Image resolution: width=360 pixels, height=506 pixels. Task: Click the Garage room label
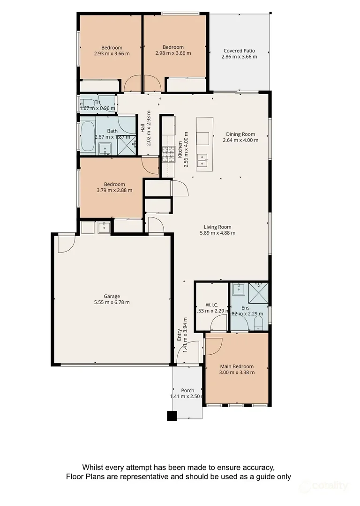click(112, 296)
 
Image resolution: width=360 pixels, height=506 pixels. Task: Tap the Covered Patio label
click(239, 51)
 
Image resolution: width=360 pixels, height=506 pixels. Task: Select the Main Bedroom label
click(237, 366)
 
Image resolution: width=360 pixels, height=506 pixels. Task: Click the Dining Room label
click(240, 134)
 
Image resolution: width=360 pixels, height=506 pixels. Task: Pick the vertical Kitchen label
click(180, 150)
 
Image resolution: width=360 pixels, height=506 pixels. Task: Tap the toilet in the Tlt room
click(86, 103)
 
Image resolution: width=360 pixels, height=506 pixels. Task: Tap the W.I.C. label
click(212, 305)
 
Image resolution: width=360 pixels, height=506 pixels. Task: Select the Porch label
click(187, 390)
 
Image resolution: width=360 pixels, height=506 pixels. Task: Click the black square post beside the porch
click(172, 416)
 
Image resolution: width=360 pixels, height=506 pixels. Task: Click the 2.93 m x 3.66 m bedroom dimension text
click(112, 53)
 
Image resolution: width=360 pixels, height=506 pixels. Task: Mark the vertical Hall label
click(142, 128)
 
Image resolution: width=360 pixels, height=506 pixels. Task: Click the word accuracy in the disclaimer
click(253, 467)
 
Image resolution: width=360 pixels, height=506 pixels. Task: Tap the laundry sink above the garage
click(104, 228)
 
